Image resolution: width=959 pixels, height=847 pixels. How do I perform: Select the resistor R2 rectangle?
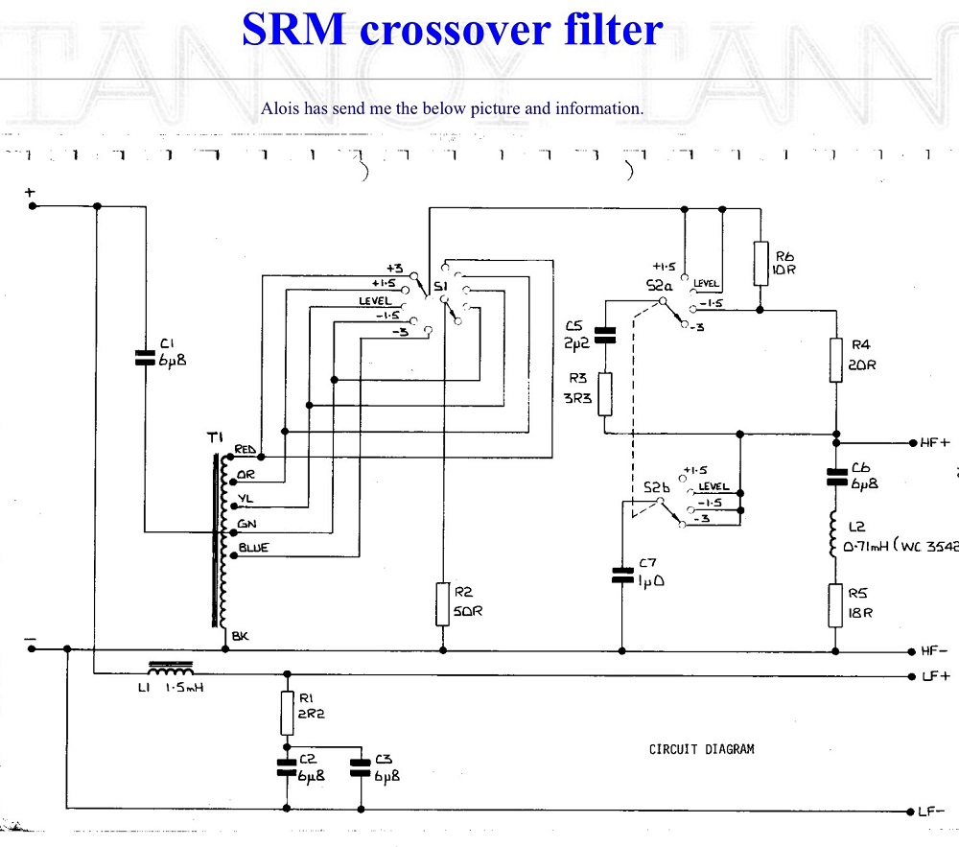click(442, 604)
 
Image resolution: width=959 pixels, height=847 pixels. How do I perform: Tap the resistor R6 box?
click(760, 263)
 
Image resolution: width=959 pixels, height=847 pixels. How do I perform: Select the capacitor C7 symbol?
click(621, 576)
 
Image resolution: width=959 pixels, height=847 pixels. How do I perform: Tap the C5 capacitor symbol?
click(604, 335)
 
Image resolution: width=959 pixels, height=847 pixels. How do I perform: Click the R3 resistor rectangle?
click(604, 394)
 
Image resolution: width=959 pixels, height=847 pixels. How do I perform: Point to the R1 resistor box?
click(286, 713)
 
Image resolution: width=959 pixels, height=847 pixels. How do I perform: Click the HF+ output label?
click(933, 442)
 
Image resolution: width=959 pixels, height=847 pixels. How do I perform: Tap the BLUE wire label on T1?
click(251, 548)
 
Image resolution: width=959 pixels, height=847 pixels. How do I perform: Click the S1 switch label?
click(440, 286)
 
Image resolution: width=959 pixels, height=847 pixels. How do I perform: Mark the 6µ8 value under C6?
click(865, 483)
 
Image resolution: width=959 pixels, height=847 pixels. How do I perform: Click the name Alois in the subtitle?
click(280, 108)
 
